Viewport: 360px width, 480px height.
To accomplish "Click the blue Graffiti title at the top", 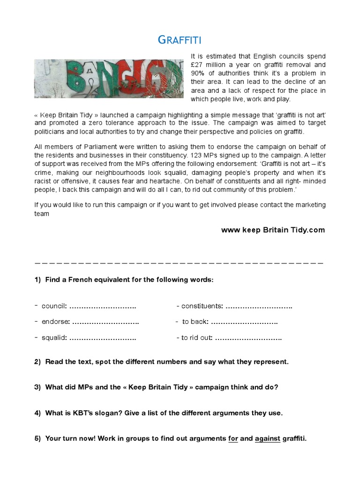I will coord(180,40).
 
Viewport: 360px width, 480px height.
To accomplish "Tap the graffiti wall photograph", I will coord(109,78).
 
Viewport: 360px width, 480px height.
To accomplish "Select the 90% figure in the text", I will coord(199,74).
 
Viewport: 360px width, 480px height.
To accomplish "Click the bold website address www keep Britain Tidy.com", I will coord(273,230).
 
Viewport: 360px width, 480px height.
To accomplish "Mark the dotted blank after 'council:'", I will coord(103,306).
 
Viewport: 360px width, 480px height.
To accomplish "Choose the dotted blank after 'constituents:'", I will coord(259,306).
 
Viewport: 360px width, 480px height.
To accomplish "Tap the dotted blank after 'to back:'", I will coord(244,322).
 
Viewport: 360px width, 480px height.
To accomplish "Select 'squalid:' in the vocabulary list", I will coord(53,337).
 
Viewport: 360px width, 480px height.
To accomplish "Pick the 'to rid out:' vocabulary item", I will coord(197,337).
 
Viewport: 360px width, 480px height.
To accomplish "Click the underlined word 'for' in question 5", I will coord(233,439).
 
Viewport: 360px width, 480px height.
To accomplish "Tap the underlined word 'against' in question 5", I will coord(268,439).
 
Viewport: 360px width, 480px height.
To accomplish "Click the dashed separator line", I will coord(180,262).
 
